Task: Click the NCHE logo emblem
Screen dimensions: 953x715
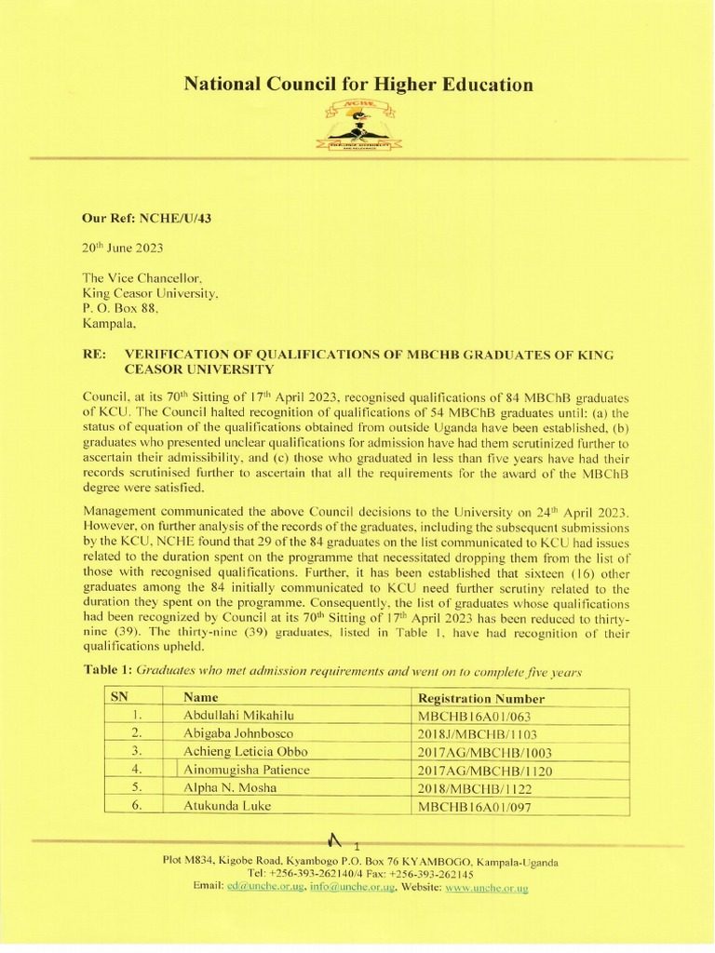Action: pos(357,127)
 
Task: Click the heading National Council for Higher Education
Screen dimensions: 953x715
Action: pos(358,86)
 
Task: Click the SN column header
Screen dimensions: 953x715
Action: pos(121,698)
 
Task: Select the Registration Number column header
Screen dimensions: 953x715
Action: pos(481,699)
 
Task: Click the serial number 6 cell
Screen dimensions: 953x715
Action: pos(136,805)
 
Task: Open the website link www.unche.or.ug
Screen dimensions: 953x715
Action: pos(487,889)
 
